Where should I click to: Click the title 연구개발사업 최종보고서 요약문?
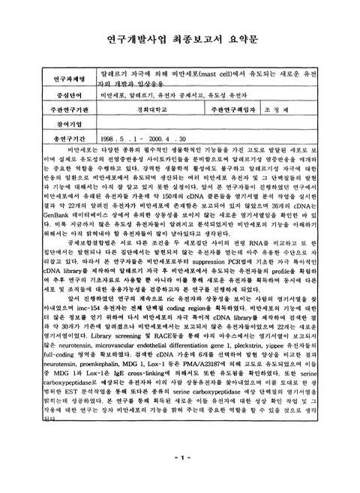pyautogui.click(x=180, y=38)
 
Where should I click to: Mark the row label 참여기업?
pyautogui.click(x=61, y=124)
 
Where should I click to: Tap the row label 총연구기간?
pyautogui.click(x=61, y=138)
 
